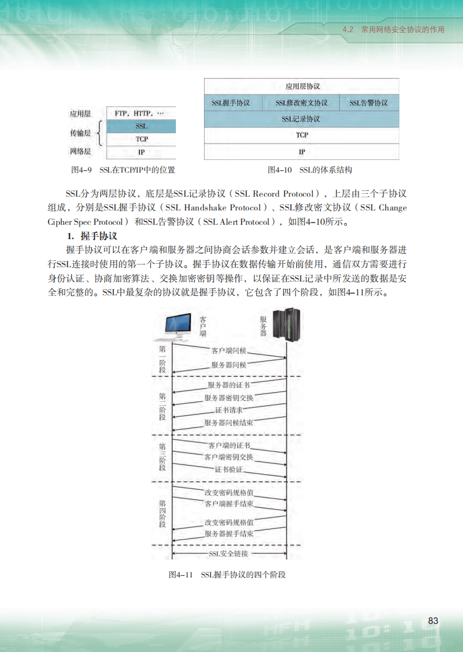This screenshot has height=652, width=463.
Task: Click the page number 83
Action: pos(433,621)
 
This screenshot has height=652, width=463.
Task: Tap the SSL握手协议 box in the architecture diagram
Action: pos(231,103)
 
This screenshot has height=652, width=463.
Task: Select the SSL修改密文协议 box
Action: pos(301,103)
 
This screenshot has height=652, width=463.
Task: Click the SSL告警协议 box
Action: pos(368,103)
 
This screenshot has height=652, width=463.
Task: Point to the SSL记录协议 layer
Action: pos(301,119)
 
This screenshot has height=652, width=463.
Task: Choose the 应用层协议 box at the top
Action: pos(301,87)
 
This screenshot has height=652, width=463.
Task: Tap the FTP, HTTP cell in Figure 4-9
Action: pos(139,114)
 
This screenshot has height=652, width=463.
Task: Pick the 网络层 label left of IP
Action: pos(80,152)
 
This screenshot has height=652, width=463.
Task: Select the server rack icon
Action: pos(287,325)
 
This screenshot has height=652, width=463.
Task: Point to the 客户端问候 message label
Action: pos(229,350)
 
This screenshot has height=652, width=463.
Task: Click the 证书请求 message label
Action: pos(229,410)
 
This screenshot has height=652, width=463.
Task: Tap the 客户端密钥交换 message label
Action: pos(229,457)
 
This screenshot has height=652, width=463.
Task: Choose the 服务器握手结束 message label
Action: pos(229,533)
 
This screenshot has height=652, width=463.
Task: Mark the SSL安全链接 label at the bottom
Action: pos(229,554)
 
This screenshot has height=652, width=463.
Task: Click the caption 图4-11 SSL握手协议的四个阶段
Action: pos(227,575)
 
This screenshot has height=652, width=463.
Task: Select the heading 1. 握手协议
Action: pos(92,236)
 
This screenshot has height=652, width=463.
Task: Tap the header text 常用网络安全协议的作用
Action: pos(402,29)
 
